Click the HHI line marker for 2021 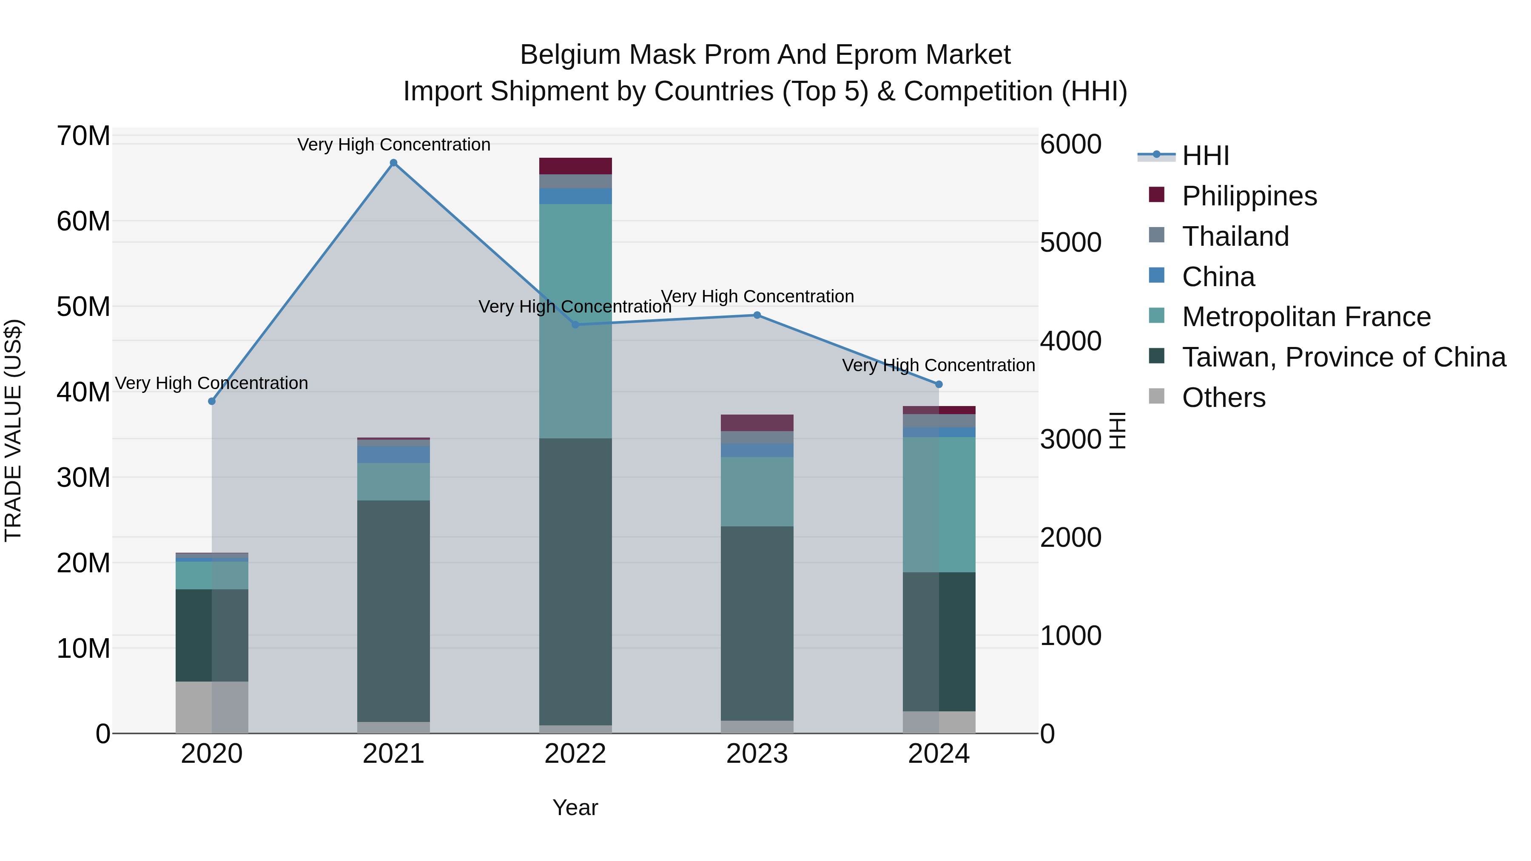pyautogui.click(x=393, y=163)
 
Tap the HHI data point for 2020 pyautogui.click(x=212, y=401)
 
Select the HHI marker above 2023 pyautogui.click(x=757, y=315)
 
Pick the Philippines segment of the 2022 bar pyautogui.click(x=575, y=166)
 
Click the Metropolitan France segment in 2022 pyautogui.click(x=575, y=321)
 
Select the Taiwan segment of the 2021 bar pyautogui.click(x=393, y=611)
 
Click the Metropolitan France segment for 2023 pyautogui.click(x=757, y=492)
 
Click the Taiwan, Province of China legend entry pyautogui.click(x=1343, y=357)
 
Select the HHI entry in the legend pyautogui.click(x=1205, y=156)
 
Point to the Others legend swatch pyautogui.click(x=1157, y=396)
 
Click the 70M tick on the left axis pyautogui.click(x=83, y=136)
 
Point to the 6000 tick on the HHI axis pyautogui.click(x=1070, y=145)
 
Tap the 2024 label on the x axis pyautogui.click(x=939, y=754)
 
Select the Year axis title pyautogui.click(x=575, y=807)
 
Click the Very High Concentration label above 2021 pyautogui.click(x=393, y=145)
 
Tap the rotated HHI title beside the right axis pyautogui.click(x=1117, y=430)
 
